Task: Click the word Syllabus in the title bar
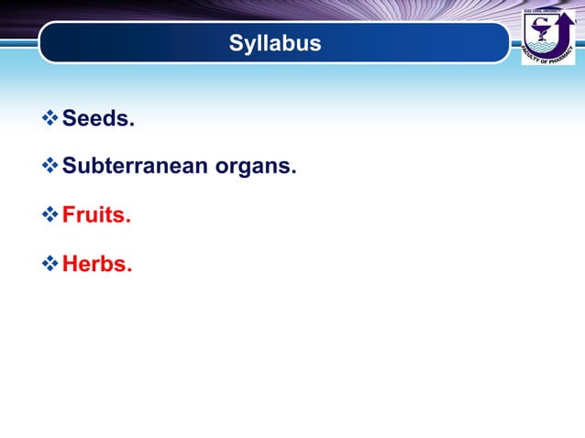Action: (275, 43)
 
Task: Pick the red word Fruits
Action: (96, 216)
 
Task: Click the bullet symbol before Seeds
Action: (50, 118)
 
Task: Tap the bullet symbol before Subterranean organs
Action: (50, 167)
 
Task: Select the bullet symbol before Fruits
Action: (50, 215)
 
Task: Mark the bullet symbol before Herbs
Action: (50, 264)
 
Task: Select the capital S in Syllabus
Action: (235, 43)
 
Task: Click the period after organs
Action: (293, 173)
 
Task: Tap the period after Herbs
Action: (129, 270)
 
